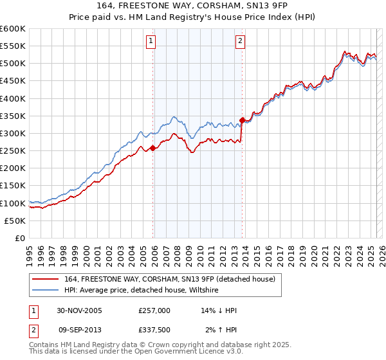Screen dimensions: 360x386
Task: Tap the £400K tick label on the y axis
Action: click(13, 98)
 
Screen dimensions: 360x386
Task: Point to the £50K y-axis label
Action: click(15, 221)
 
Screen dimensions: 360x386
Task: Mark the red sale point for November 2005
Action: click(153, 148)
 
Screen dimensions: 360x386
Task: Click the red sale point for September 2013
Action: click(242, 120)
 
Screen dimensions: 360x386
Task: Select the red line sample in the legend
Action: click(46, 279)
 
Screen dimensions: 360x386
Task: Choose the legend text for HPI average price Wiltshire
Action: click(142, 290)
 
